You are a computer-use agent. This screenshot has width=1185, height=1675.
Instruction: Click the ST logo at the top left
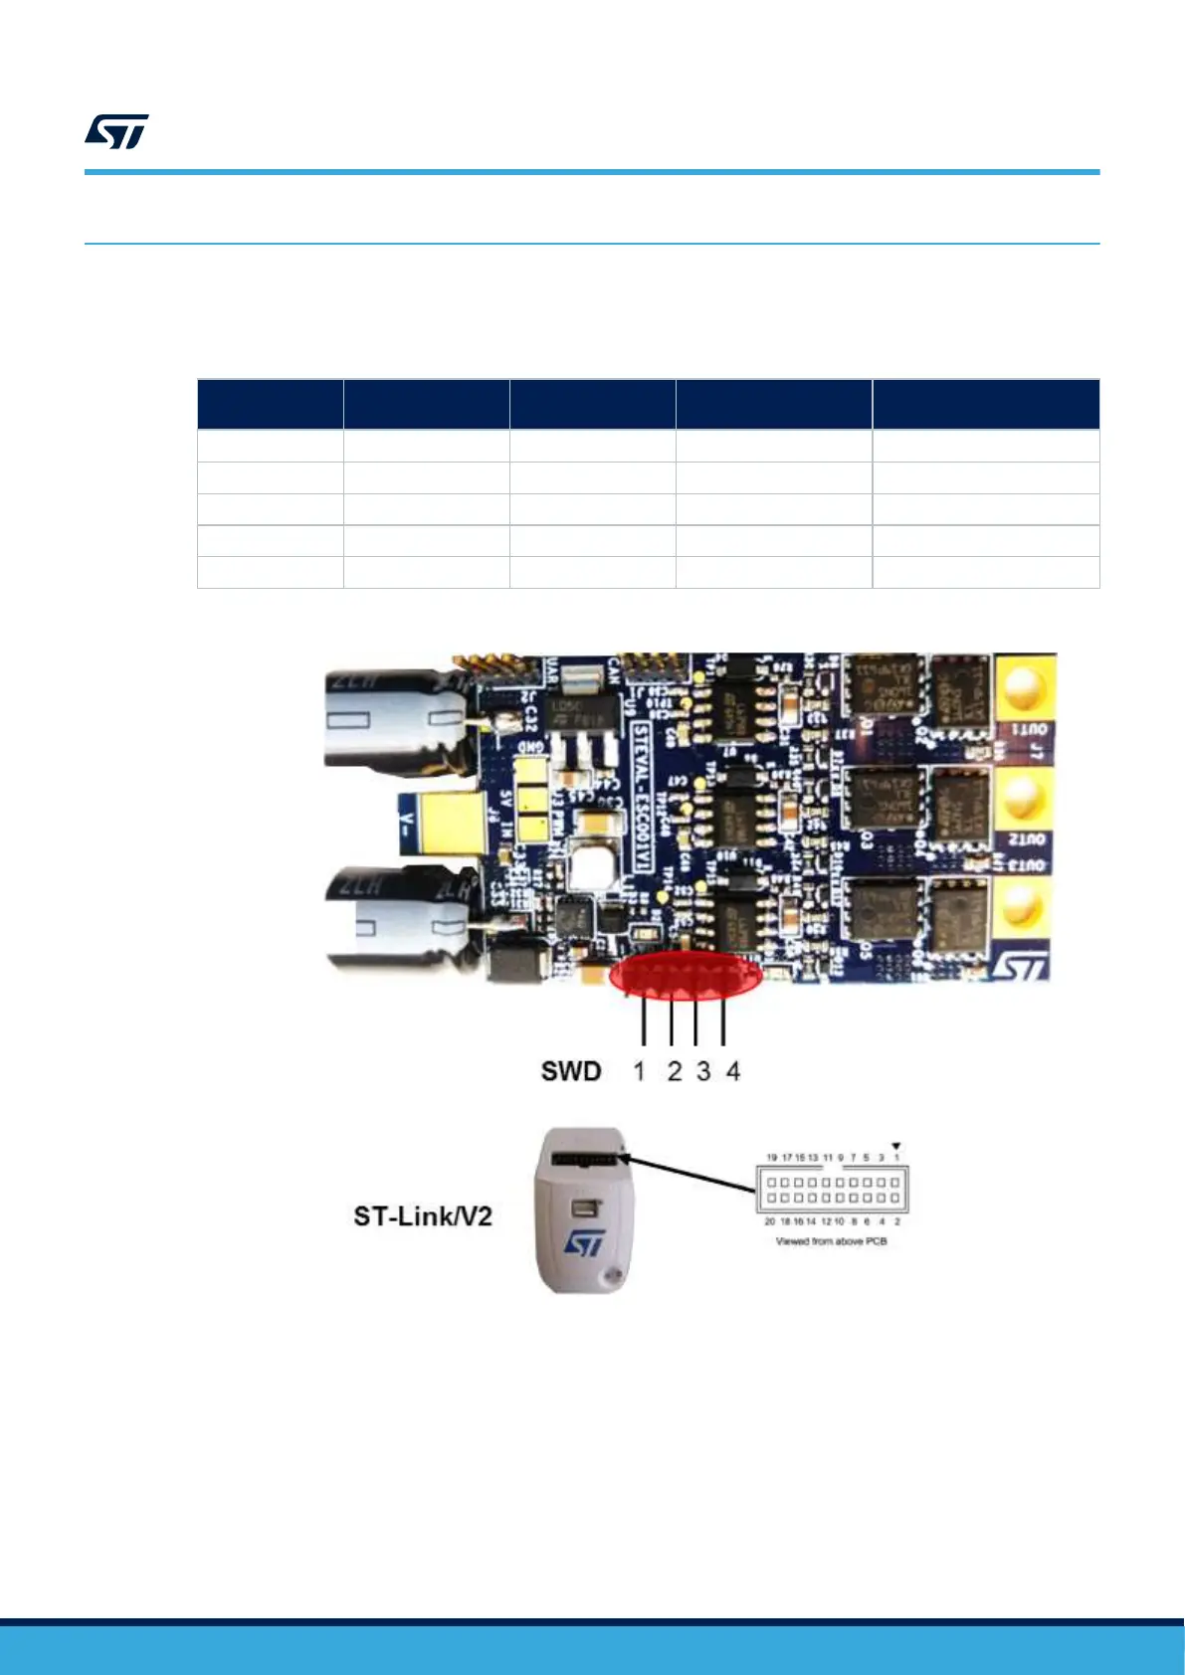coord(116,131)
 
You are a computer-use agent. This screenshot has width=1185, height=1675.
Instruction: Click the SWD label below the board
coord(571,1071)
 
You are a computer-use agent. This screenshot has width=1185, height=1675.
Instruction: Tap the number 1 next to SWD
coord(640,1071)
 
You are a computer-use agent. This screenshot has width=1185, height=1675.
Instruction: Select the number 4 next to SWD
coord(733,1071)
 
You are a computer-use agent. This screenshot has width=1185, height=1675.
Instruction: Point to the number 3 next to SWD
coord(703,1071)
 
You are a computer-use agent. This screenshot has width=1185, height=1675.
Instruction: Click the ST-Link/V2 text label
coord(423,1215)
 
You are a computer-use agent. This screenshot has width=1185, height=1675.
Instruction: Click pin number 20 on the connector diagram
coord(769,1221)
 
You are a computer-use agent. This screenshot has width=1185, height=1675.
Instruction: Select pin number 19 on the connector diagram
coord(771,1158)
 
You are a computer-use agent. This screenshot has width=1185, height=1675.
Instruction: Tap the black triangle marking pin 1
coord(896,1146)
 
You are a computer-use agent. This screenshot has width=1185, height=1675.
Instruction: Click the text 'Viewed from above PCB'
coord(831,1242)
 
